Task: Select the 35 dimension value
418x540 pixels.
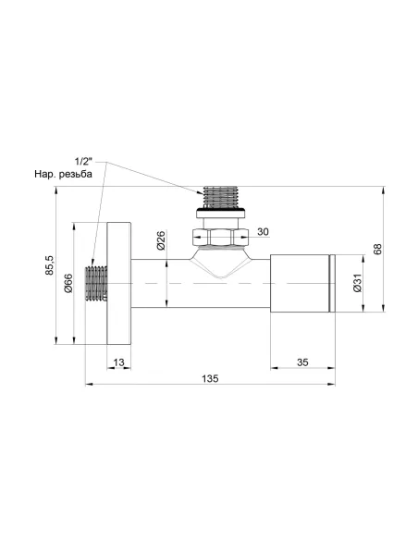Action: (302, 362)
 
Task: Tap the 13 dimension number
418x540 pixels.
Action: (119, 362)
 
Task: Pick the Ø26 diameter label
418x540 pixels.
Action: (161, 242)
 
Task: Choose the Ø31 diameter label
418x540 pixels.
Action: (358, 287)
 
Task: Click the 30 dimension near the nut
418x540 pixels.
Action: (264, 231)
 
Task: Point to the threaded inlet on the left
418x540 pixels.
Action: (96, 283)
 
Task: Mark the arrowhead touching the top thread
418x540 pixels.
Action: (202, 192)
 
